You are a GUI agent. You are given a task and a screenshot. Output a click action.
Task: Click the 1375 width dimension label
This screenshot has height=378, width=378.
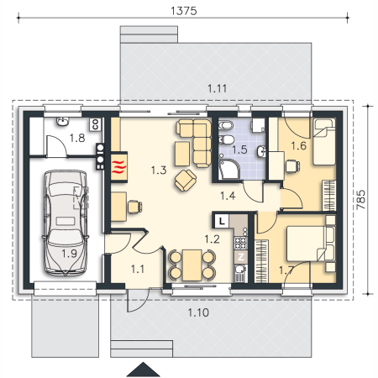(x=184, y=11)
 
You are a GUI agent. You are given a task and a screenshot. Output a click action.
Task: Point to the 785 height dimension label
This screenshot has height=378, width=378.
(x=361, y=199)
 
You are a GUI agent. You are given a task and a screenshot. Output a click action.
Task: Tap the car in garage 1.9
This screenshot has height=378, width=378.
(x=66, y=223)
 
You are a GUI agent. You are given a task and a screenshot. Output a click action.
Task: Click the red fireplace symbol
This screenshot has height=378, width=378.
(x=119, y=167)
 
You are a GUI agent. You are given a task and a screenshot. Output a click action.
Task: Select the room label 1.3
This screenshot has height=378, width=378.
(x=159, y=170)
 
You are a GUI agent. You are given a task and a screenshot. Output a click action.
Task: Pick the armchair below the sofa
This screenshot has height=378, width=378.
(x=186, y=181)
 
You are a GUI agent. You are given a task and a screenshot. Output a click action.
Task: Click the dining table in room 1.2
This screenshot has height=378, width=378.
(x=192, y=265)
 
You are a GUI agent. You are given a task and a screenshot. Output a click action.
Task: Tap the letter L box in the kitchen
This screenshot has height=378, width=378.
(x=222, y=221)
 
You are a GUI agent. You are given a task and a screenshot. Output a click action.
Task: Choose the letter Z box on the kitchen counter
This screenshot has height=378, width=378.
(x=241, y=257)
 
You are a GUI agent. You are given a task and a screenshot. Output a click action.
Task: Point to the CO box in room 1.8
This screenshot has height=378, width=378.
(x=95, y=124)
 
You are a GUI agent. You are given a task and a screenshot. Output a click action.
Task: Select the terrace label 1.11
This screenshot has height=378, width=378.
(x=217, y=88)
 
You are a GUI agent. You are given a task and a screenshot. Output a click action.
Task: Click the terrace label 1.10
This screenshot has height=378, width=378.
(x=198, y=312)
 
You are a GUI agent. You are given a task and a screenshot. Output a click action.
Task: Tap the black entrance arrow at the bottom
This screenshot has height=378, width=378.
(x=143, y=370)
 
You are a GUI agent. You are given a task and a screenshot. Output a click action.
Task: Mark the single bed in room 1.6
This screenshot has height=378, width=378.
(x=324, y=142)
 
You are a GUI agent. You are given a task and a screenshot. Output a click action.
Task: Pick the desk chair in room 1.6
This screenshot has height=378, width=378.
(x=292, y=166)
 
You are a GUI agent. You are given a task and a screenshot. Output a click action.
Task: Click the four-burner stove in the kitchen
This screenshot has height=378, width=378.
(x=240, y=243)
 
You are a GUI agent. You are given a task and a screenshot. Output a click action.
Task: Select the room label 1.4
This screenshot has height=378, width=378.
(x=228, y=196)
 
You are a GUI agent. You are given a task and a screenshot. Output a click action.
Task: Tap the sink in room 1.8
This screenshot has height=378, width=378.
(x=63, y=121)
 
